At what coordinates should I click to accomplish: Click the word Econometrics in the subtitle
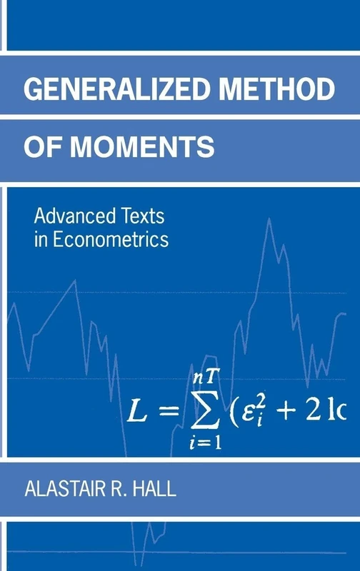click(109, 239)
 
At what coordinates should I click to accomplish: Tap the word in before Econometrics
click(40, 239)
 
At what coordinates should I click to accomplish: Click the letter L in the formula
click(139, 411)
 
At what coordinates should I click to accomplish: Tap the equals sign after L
click(169, 413)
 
